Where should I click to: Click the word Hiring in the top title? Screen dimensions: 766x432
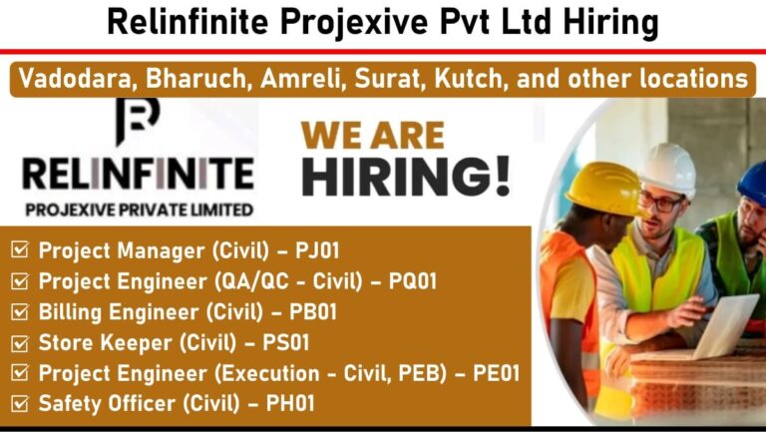[x=610, y=23]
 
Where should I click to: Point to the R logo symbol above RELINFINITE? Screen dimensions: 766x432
[x=138, y=121]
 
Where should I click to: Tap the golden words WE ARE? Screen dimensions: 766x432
[x=373, y=136]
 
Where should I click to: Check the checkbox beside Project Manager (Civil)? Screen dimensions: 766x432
[x=20, y=249]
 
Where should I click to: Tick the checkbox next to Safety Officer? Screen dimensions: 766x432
[x=20, y=403]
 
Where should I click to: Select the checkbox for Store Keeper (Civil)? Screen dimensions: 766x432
[x=20, y=342]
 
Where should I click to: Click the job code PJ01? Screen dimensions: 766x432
[x=317, y=250]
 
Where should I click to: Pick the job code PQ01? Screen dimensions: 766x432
[x=412, y=281]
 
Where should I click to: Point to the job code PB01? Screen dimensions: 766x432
[x=313, y=312]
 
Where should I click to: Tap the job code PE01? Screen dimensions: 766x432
[x=496, y=373]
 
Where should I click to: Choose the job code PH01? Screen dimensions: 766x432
[x=290, y=404]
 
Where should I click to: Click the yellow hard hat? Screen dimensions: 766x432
[x=604, y=190]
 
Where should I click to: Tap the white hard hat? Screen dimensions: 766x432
[x=668, y=169]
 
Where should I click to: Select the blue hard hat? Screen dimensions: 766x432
[x=753, y=183]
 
